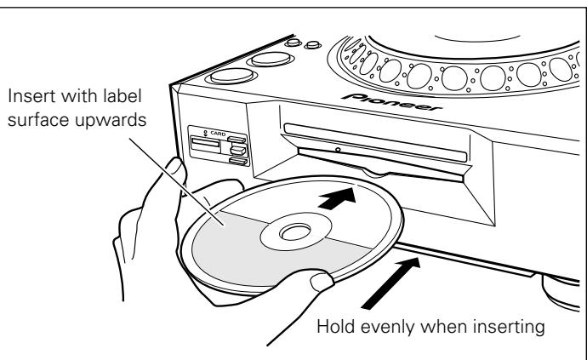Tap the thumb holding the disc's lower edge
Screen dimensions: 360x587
pyautogui.click(x=323, y=281)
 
